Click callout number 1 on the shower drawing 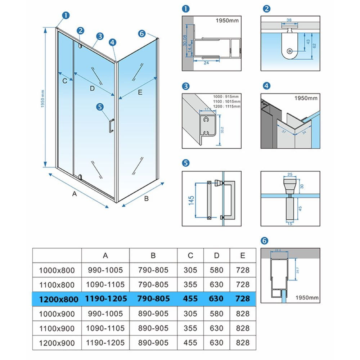click(66, 15)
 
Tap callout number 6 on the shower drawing click(141, 33)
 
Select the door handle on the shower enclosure click(112, 126)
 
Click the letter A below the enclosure click(75, 194)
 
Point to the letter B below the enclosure click(147, 198)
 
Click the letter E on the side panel click(140, 93)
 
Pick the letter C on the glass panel click(65, 81)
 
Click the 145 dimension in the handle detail click(191, 200)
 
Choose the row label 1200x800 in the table click(57, 298)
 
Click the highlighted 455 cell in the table click(190, 298)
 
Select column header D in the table click(216, 256)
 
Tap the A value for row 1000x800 click(105, 270)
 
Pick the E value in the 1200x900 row click(243, 342)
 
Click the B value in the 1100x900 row click(153, 328)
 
